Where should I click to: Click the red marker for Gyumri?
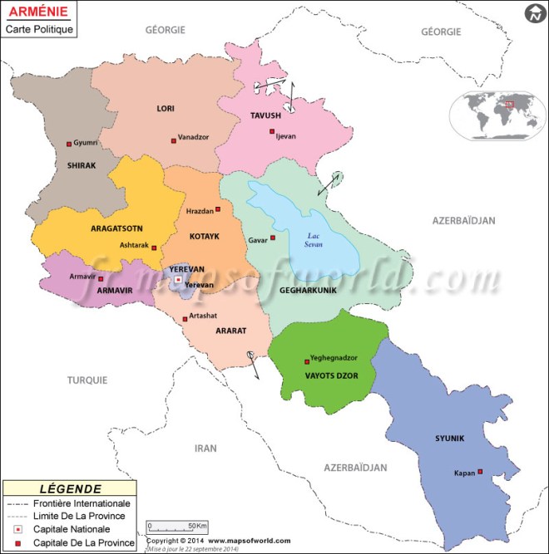coord(69,144)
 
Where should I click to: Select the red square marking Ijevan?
coord(271,132)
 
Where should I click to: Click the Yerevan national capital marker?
coord(178,280)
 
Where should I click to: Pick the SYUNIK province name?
coord(449,438)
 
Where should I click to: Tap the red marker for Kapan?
coord(480,473)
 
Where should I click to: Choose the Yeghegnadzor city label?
coord(333,358)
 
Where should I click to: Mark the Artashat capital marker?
coord(185,319)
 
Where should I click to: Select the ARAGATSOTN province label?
coord(116,228)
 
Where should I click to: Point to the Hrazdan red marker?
coord(218,208)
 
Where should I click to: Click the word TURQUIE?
coord(87,380)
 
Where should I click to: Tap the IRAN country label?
coord(205,448)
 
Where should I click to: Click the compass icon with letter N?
coord(533,13)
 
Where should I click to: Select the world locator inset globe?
coord(495,115)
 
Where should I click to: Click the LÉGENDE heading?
coord(70,489)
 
